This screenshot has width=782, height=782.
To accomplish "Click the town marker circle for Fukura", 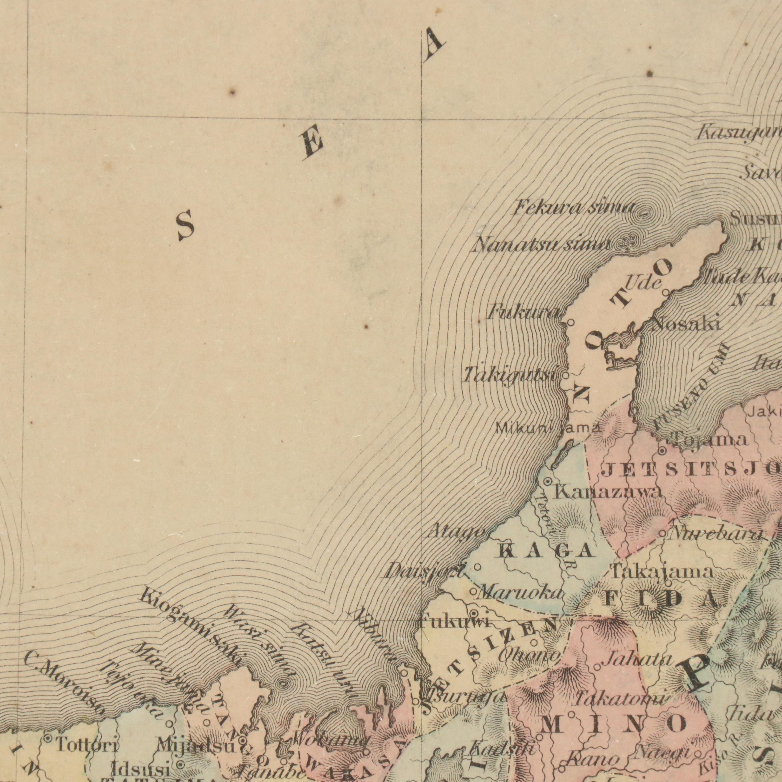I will point(571,323).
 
